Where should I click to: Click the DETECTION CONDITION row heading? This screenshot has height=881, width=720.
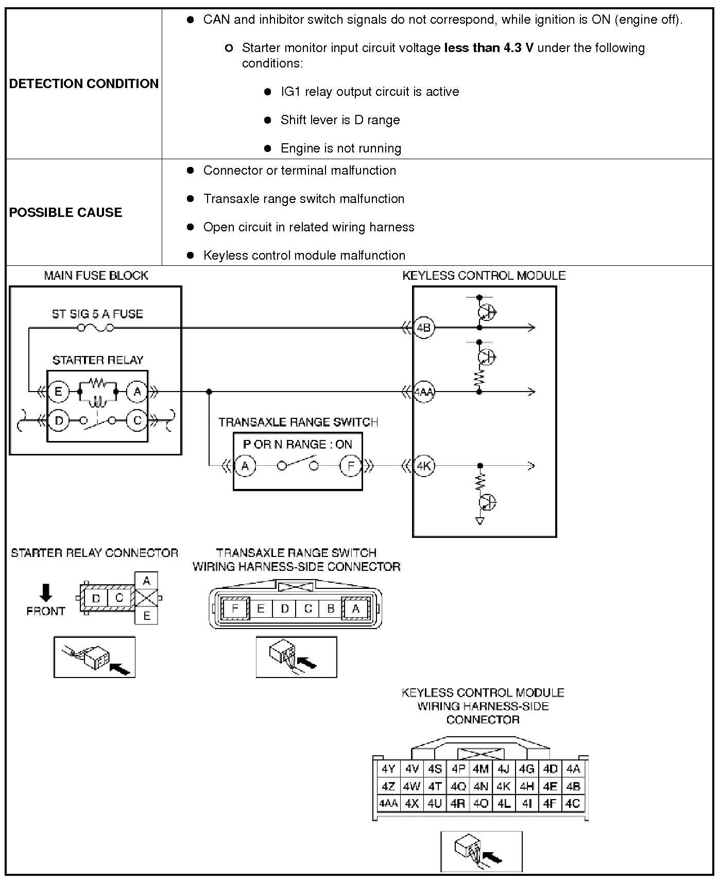point(83,83)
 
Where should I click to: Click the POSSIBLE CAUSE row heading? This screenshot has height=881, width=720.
point(65,212)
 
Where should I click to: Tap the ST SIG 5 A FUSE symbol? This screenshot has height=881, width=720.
point(96,328)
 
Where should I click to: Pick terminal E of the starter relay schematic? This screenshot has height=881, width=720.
point(58,392)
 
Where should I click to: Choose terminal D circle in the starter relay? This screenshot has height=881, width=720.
point(59,421)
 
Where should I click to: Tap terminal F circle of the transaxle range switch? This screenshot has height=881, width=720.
point(351,466)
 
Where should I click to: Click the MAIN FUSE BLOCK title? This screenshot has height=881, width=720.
point(96,276)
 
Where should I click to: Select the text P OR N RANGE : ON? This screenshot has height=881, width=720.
point(297,444)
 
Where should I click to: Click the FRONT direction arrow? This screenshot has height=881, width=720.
point(46,592)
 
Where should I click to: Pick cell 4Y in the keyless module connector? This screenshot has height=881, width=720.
point(388,769)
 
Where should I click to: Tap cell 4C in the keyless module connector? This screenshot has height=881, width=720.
point(573,803)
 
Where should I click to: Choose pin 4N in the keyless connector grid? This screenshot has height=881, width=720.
point(481,786)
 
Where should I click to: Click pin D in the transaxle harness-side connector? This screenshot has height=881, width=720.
point(284,608)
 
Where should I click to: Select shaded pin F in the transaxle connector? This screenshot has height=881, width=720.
point(235,608)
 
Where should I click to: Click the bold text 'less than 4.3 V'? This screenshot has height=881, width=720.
point(488,48)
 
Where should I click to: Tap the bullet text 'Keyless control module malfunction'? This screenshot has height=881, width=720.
point(304,256)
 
